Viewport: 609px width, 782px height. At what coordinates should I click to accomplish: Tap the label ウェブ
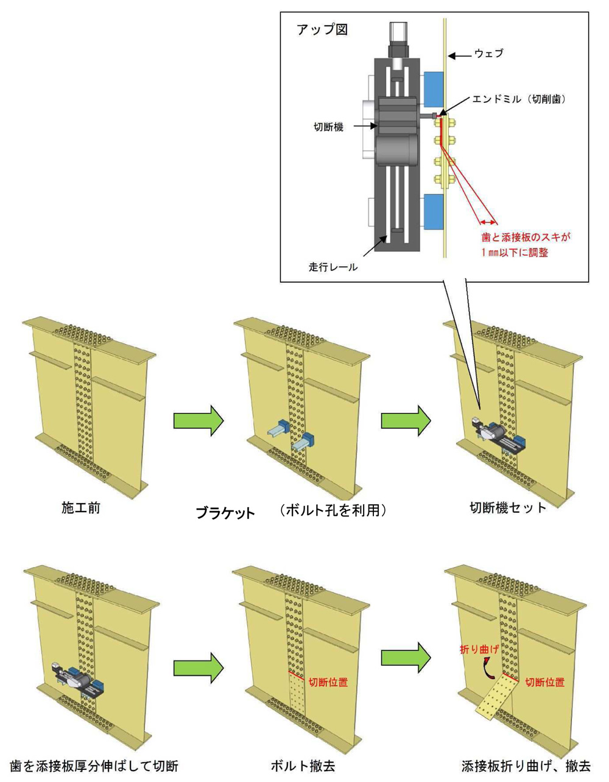pyautogui.click(x=489, y=54)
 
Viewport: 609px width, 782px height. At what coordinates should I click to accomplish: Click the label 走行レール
pyautogui.click(x=333, y=266)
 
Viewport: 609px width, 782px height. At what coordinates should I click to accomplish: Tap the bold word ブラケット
pyautogui.click(x=225, y=513)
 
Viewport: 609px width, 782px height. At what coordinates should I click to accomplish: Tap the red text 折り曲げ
pyautogui.click(x=479, y=650)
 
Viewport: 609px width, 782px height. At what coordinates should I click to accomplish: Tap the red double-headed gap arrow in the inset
pyautogui.click(x=487, y=222)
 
